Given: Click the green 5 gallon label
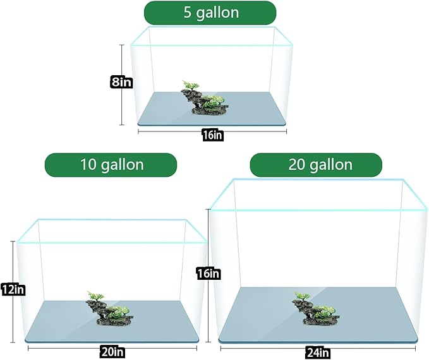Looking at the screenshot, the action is coord(210,13).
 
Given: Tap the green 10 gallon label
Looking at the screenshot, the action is coord(111,165).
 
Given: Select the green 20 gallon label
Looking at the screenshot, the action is coord(316,165).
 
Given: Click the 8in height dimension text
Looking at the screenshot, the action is coord(121,82).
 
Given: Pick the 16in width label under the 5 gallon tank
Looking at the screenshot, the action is coord(212,135).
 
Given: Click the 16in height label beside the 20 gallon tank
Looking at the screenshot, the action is coord(208,273).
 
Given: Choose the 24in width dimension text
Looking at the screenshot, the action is coord(318,352).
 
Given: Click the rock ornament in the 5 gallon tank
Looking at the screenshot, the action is coord(205,99).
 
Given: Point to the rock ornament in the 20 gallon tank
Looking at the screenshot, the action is coord(316,309).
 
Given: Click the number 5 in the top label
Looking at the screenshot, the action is coord(188,13).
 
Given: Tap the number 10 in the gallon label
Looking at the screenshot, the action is coord(88,165).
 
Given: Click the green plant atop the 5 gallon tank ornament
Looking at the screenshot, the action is coord(190,85).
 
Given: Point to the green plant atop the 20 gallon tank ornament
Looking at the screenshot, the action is coord(302,296).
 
